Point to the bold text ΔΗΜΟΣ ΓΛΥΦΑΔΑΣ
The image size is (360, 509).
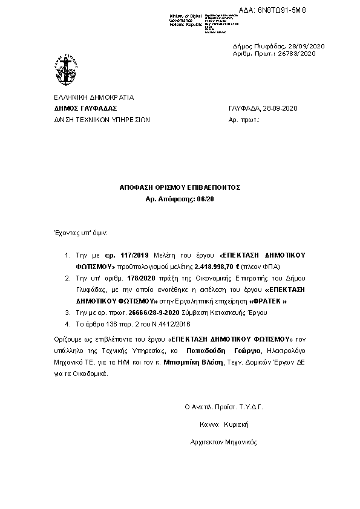point(85,108)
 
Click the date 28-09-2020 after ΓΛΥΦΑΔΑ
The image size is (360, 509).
point(280,108)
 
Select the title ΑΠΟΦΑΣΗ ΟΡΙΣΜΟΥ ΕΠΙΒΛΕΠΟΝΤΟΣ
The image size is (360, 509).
point(180,188)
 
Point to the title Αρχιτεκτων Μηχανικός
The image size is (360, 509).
point(223,442)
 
